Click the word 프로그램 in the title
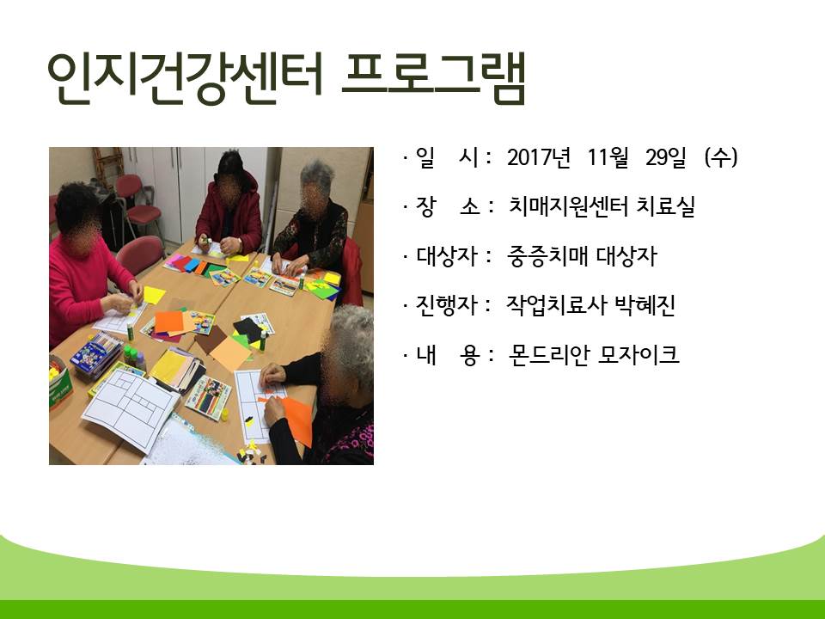point(434,78)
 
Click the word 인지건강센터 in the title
point(185,78)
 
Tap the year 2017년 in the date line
point(539,157)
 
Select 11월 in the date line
point(608,157)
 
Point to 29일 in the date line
point(666,157)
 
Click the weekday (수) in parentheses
point(721,157)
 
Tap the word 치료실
point(666,206)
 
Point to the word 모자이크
point(639,355)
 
